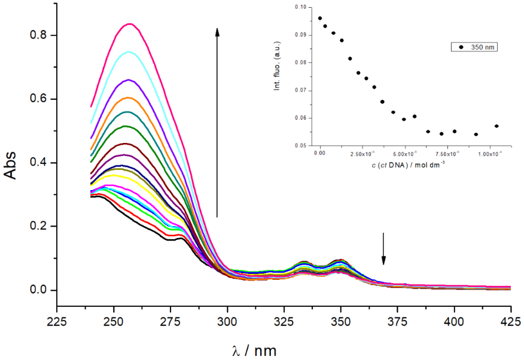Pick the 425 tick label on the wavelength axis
coord(511,321)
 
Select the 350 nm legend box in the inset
coord(474,46)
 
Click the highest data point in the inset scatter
coord(320,19)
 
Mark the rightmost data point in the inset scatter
coord(496,126)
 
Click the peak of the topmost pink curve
coord(129,24)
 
